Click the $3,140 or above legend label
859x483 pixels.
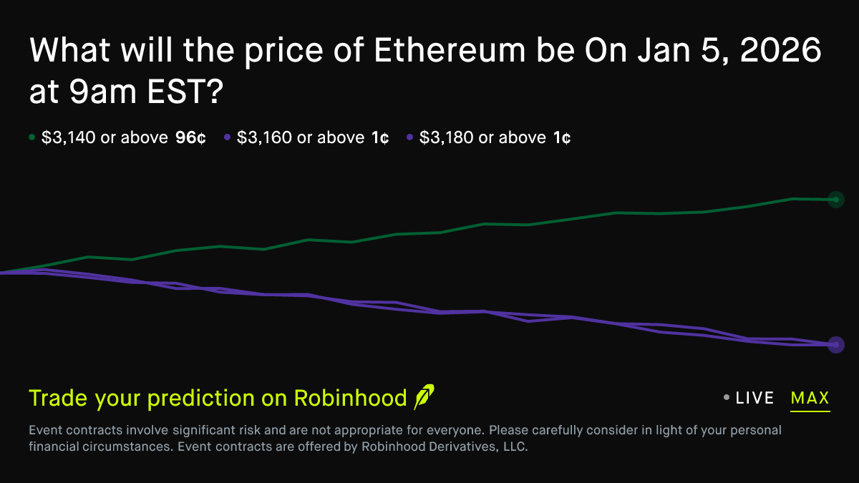coord(105,137)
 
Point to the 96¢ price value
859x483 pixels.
coord(190,137)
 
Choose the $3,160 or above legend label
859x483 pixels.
coord(301,137)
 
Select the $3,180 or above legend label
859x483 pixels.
coord(482,137)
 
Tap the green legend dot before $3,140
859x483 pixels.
coord(31,137)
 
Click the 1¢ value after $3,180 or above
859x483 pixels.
coord(562,137)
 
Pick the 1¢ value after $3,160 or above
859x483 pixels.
coord(380,137)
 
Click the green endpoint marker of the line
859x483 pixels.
coord(835,200)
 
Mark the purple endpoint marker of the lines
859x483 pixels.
coord(835,345)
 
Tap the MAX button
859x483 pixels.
coord(810,399)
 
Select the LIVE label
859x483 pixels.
coord(754,399)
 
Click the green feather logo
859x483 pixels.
coord(424,396)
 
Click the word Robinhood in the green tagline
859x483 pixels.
coord(351,399)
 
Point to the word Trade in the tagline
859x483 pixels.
coord(59,399)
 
